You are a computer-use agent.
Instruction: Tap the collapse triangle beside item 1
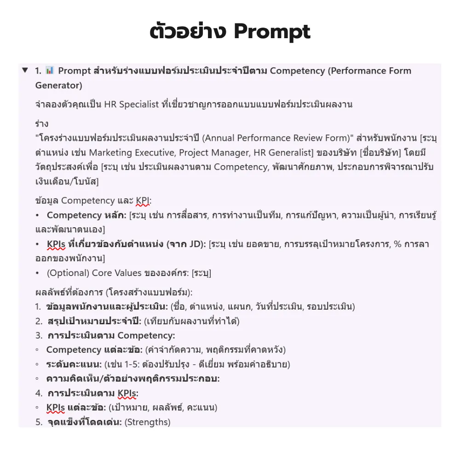coord(25,70)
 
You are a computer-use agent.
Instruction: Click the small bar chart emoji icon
coord(50,70)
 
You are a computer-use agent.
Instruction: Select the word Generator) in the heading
coord(58,85)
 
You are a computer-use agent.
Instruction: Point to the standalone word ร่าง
coord(42,124)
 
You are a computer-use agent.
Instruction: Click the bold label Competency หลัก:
coord(86,215)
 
